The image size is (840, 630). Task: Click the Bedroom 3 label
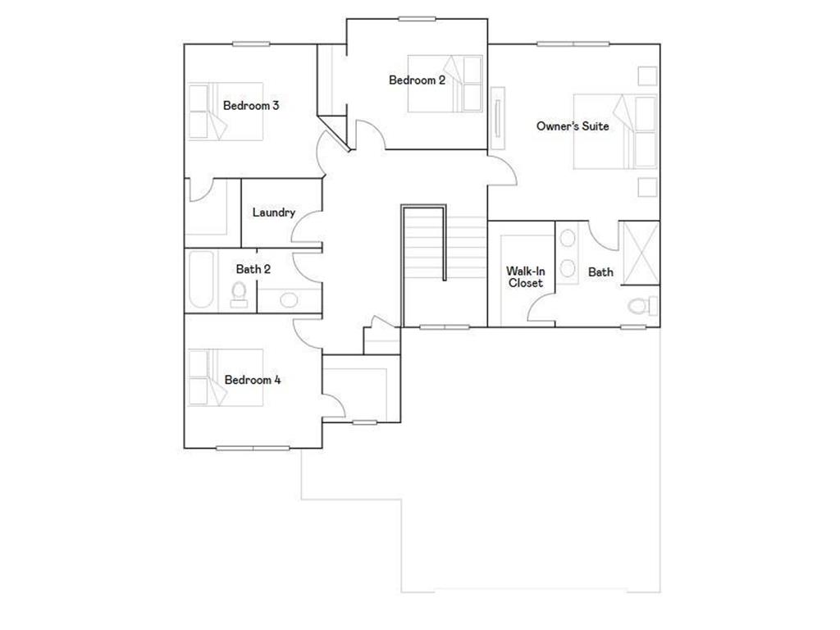click(251, 106)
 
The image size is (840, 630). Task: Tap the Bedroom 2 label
click(417, 80)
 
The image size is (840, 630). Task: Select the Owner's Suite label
click(573, 126)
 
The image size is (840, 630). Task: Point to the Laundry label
click(273, 212)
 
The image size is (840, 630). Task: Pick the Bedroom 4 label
click(253, 381)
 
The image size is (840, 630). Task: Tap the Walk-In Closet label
click(525, 277)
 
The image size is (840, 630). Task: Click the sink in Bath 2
click(289, 299)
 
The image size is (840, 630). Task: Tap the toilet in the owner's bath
click(642, 306)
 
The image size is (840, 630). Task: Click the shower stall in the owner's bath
click(640, 252)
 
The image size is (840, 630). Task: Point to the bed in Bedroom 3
click(226, 111)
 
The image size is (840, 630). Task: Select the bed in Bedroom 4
click(226, 377)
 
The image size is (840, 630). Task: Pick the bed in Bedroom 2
click(447, 82)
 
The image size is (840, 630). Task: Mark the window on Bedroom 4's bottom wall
click(253, 448)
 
